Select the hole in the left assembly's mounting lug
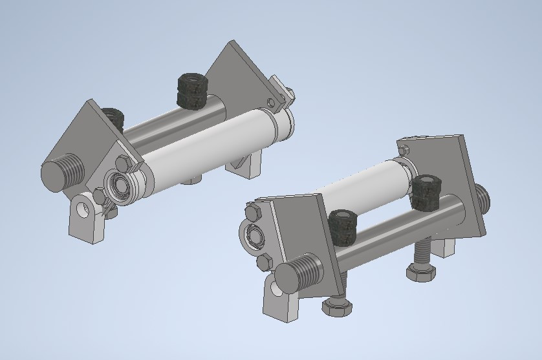[x=82, y=209]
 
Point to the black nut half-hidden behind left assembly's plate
[x=114, y=116]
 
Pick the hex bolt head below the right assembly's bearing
[x=263, y=262]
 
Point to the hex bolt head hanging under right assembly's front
[x=338, y=307]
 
